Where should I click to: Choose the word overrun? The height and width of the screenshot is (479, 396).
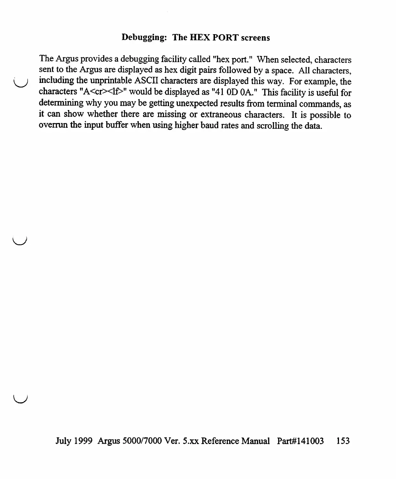coord(52,127)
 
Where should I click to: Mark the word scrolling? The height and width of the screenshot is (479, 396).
coord(269,127)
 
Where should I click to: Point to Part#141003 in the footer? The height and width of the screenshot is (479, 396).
coord(300,441)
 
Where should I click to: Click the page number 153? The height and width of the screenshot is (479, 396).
coord(343,441)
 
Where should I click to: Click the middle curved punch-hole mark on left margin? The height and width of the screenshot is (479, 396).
coord(19,240)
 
